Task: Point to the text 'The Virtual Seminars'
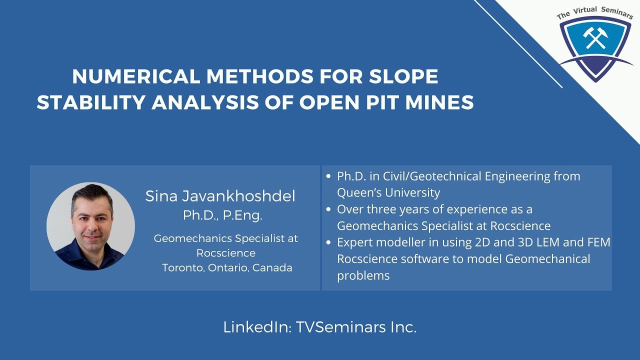595,12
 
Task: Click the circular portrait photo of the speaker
90,226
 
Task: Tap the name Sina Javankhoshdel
220,196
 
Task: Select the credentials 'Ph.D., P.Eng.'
222,215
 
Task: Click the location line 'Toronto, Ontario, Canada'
227,267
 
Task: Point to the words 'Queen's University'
388,192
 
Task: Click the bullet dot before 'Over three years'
328,209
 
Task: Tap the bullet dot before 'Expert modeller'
328,243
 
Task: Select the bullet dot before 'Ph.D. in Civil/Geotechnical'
328,176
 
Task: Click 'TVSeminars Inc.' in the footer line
356,327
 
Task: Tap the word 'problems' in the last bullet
363,275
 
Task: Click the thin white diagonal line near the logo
520,45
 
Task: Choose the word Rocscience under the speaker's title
225,253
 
